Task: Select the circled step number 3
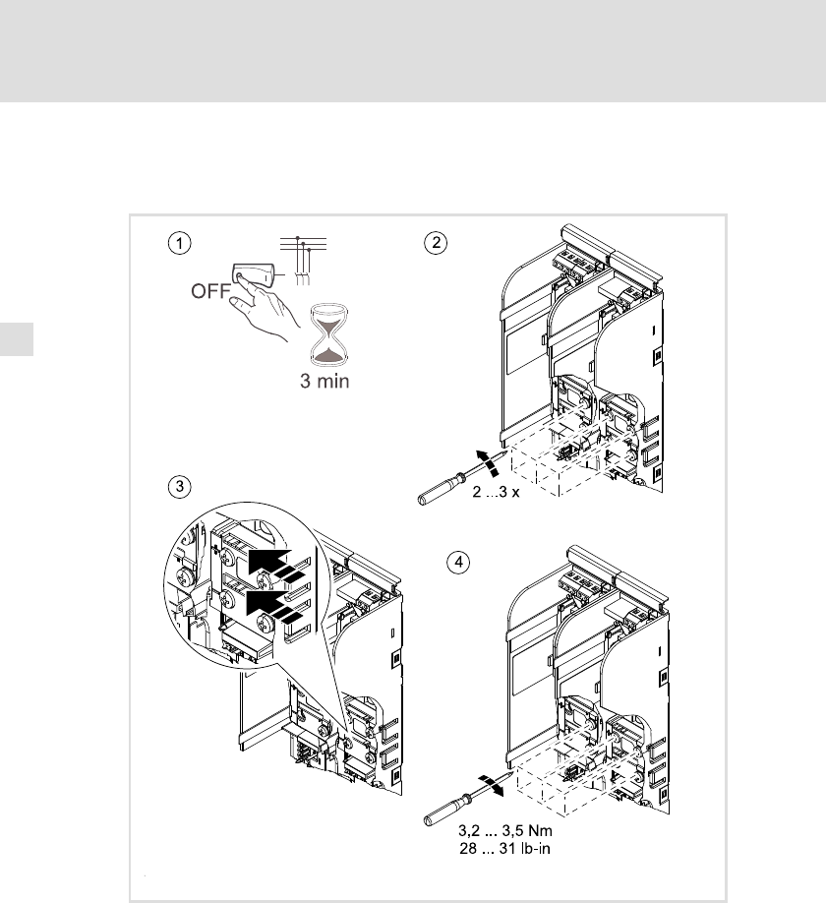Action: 177,486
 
